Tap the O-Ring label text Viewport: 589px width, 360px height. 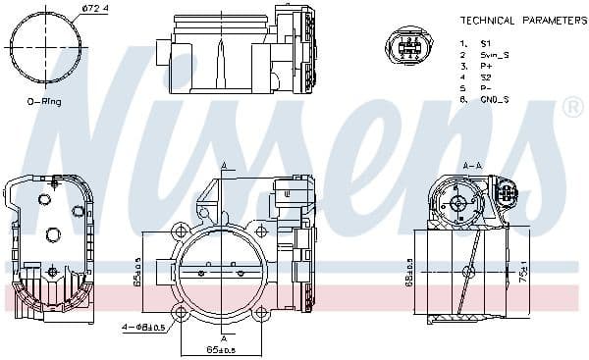point(45,101)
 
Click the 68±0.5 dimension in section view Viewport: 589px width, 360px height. point(408,272)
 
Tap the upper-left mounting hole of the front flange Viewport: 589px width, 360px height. point(182,231)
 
